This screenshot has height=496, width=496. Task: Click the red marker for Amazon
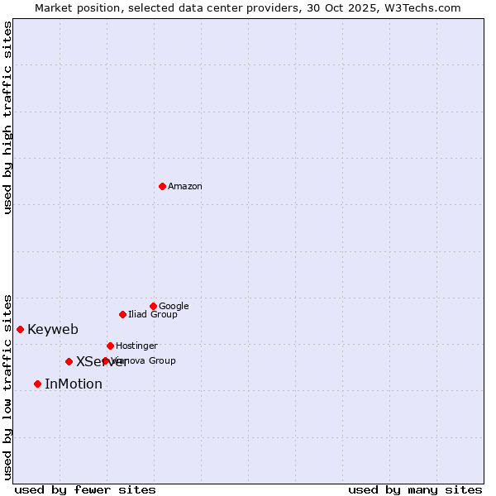point(162,186)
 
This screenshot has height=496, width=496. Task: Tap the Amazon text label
point(185,187)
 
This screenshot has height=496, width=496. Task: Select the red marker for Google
point(153,306)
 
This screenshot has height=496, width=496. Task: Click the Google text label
point(174,307)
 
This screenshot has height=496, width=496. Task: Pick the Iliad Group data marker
point(122,314)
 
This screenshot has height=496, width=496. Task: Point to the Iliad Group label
point(153,315)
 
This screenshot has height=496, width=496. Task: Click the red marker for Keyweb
point(20,329)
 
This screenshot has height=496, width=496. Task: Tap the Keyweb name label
point(53,330)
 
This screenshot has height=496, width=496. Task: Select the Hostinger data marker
point(110,346)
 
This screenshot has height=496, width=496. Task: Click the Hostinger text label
point(136,346)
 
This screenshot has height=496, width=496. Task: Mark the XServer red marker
point(69,361)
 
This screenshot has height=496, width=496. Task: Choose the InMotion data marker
point(37,384)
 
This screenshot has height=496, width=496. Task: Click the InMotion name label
point(74,384)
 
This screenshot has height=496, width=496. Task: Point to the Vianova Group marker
point(105,360)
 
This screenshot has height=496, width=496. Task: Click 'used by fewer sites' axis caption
point(85,489)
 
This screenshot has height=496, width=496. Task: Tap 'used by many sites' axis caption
point(415,489)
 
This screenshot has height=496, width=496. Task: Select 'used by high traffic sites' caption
point(8,117)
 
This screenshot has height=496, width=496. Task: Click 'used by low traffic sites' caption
point(8,387)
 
